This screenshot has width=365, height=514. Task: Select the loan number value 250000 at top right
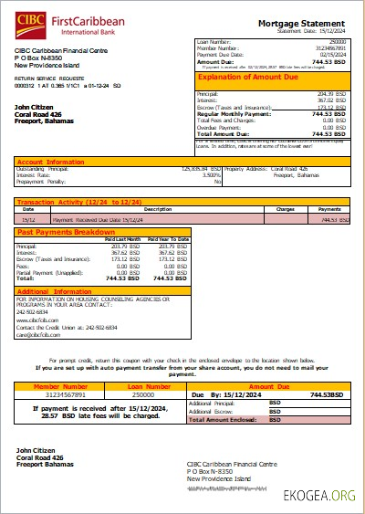tap(337, 42)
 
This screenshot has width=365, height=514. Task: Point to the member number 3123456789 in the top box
tap(330, 47)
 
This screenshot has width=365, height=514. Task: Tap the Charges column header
tap(284, 209)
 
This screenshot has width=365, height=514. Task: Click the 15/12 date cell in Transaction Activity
tap(29, 219)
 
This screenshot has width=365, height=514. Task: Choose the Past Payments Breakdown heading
tap(65, 233)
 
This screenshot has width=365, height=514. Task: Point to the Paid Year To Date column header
tap(171, 239)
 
